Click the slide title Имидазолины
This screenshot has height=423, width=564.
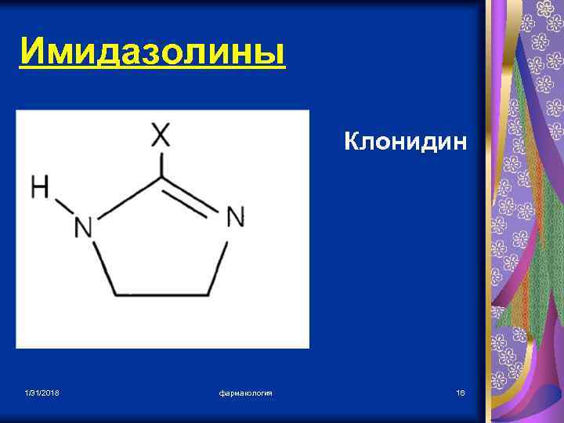click(152, 52)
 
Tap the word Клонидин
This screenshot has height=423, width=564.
click(405, 143)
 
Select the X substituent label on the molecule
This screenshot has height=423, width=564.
click(161, 136)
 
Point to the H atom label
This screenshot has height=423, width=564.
click(40, 187)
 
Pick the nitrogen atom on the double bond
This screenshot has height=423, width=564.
click(235, 217)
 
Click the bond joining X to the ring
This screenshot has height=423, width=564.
click(161, 163)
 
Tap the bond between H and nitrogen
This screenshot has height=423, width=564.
click(63, 207)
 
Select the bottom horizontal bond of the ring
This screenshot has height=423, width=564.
click(162, 295)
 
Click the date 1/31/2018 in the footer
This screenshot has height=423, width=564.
click(41, 392)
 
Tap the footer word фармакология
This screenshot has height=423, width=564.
click(245, 392)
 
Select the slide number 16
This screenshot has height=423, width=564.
click(461, 392)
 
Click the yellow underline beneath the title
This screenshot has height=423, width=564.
click(152, 70)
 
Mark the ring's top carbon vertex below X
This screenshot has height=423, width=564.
click(161, 177)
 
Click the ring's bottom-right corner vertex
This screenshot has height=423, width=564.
click(208, 295)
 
